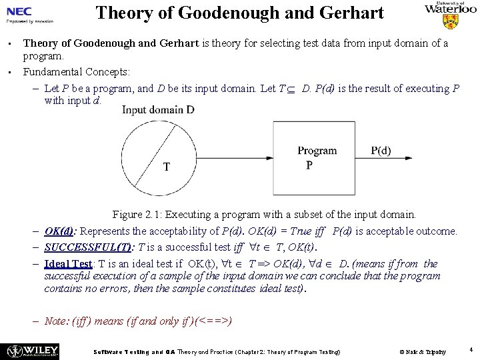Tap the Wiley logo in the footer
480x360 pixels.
coord(32,350)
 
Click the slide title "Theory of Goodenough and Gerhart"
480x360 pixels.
coord(239,13)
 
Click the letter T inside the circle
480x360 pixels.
coord(166,167)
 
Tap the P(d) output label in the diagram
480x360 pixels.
coord(381,151)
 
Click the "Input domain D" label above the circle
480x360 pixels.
coord(158,109)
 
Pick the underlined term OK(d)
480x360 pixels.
coord(59,231)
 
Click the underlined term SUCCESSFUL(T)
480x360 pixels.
coord(87,247)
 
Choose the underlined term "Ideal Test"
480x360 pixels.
coord(68,264)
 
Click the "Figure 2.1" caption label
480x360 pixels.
coord(136,215)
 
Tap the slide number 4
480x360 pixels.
coord(471,349)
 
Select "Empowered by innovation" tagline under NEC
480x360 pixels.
coord(29,21)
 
